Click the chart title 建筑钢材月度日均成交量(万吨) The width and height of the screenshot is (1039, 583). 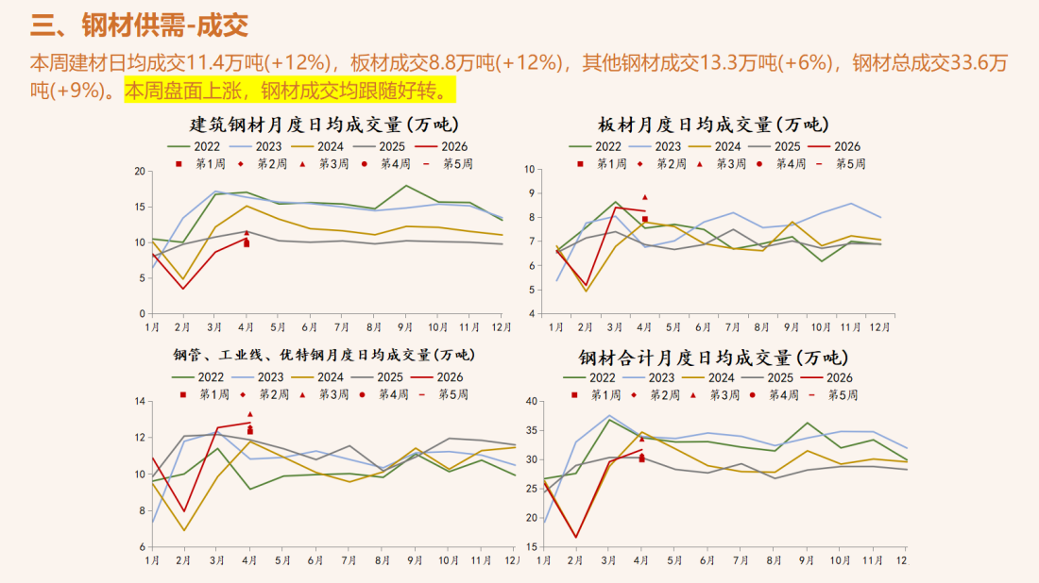[318, 125]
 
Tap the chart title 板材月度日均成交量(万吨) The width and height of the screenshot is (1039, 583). [713, 125]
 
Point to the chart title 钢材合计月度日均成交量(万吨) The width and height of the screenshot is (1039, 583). [713, 358]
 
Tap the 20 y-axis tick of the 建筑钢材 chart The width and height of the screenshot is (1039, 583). [140, 172]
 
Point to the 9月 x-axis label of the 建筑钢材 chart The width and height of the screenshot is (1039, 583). [406, 327]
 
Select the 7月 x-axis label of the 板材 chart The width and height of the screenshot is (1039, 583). [733, 327]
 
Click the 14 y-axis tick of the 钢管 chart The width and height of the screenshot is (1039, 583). [140, 402]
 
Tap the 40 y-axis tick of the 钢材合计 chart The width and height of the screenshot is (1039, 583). [531, 402]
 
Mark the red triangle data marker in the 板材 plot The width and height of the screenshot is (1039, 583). [645, 197]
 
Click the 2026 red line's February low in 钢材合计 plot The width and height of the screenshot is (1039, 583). [575, 538]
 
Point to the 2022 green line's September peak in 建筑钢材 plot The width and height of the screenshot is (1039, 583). [406, 186]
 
